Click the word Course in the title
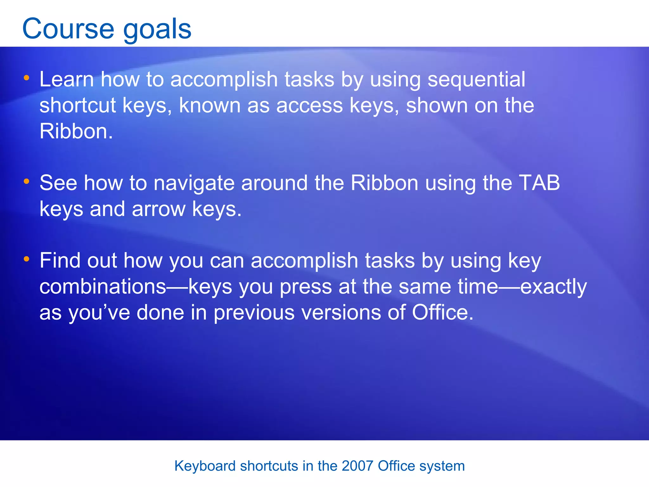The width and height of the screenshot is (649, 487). [x=68, y=29]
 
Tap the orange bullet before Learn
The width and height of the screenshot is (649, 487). [x=27, y=78]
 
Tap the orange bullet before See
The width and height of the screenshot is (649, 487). [x=27, y=181]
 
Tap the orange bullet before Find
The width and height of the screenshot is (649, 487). [x=27, y=259]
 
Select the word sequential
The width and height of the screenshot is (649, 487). [x=476, y=80]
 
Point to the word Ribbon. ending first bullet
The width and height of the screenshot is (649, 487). [x=76, y=131]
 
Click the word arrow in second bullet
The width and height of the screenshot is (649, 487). [x=158, y=209]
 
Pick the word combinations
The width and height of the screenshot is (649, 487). [x=103, y=287]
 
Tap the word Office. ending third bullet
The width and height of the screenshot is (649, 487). [x=442, y=313]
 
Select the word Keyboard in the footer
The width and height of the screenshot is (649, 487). [x=205, y=466]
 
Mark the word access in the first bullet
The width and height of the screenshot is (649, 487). [x=309, y=105]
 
